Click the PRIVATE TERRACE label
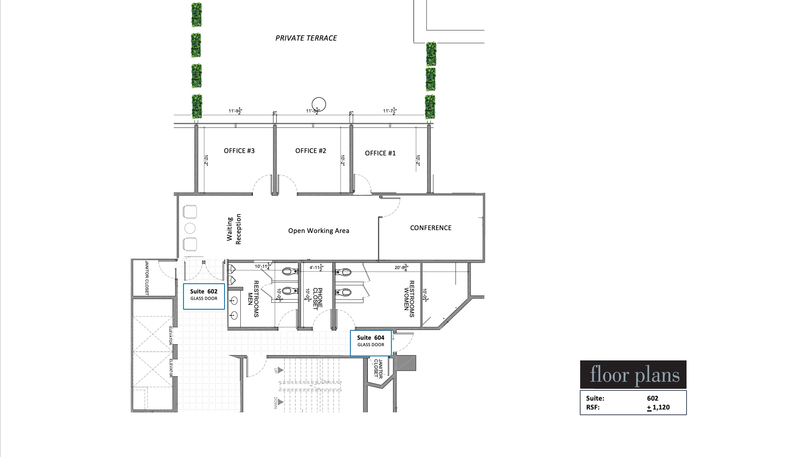[x=306, y=38]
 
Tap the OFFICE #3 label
[x=239, y=151]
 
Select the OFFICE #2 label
[x=311, y=151]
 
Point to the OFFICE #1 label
[x=380, y=153]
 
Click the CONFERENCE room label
[x=431, y=228]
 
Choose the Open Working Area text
[x=319, y=231]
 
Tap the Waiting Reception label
[x=234, y=229]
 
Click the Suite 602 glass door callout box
[x=204, y=296]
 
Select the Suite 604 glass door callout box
[x=371, y=343]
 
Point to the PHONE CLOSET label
[x=317, y=299]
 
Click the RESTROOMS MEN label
[x=253, y=299]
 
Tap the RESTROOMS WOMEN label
[x=409, y=299]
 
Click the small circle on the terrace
[x=319, y=104]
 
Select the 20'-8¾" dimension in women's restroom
[x=401, y=267]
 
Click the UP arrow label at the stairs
[x=276, y=370]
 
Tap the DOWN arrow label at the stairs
[x=276, y=402]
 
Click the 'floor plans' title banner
[x=633, y=375]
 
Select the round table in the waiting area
[x=190, y=228]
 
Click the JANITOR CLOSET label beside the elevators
[x=147, y=278]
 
